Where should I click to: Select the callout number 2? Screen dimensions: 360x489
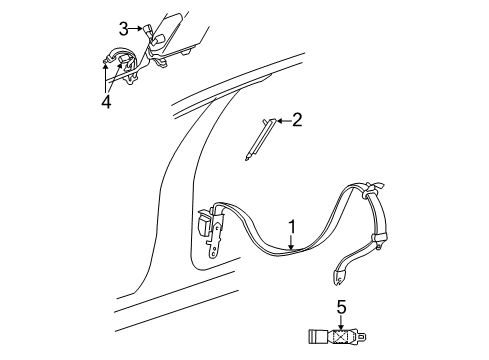(x=296, y=120)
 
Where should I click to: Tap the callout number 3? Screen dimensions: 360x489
(x=123, y=27)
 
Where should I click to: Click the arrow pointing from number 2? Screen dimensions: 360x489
(x=280, y=120)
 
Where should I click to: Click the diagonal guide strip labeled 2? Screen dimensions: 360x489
(x=258, y=135)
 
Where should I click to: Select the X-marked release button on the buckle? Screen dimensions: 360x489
(x=347, y=335)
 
